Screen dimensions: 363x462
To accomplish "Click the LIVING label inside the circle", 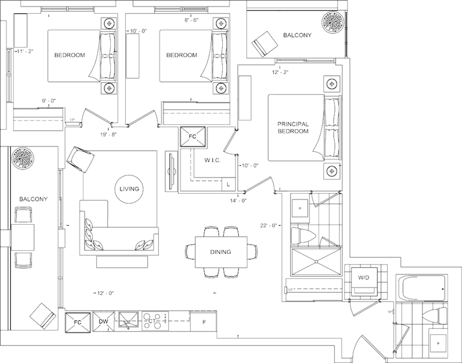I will (129, 189).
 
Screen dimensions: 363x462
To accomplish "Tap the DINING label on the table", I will (220, 252).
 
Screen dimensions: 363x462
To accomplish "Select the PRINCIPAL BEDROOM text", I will (293, 128).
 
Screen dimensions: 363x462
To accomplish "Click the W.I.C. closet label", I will (212, 161).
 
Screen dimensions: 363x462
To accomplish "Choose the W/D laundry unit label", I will (363, 278).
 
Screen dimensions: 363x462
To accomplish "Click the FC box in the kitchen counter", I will (78, 321).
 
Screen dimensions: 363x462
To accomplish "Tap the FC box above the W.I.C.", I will (193, 137).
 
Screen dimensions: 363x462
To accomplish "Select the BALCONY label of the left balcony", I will (33, 198).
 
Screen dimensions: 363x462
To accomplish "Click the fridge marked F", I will (204, 322).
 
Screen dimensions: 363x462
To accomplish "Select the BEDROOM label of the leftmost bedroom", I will (69, 55).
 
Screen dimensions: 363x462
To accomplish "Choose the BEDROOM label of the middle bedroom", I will (181, 55).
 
